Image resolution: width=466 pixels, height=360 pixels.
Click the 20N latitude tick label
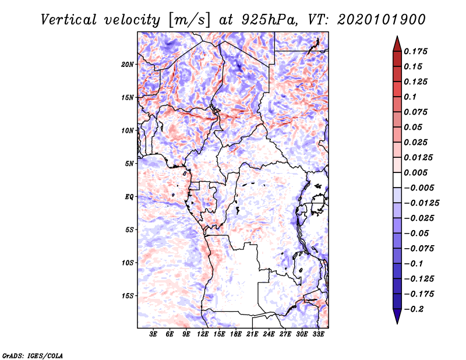click(128, 64)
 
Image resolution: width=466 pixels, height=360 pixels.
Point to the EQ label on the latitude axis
click(129, 197)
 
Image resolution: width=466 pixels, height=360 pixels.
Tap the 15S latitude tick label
click(128, 296)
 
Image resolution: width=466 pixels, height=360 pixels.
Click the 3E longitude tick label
click(153, 335)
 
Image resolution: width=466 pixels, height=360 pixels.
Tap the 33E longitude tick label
click(319, 335)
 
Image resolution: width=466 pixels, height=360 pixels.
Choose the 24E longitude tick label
click(269, 335)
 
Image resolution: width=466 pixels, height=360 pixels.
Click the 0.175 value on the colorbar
click(416, 51)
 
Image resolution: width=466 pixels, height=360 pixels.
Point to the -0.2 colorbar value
click(415, 309)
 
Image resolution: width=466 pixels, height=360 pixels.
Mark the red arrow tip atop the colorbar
click(397, 40)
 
